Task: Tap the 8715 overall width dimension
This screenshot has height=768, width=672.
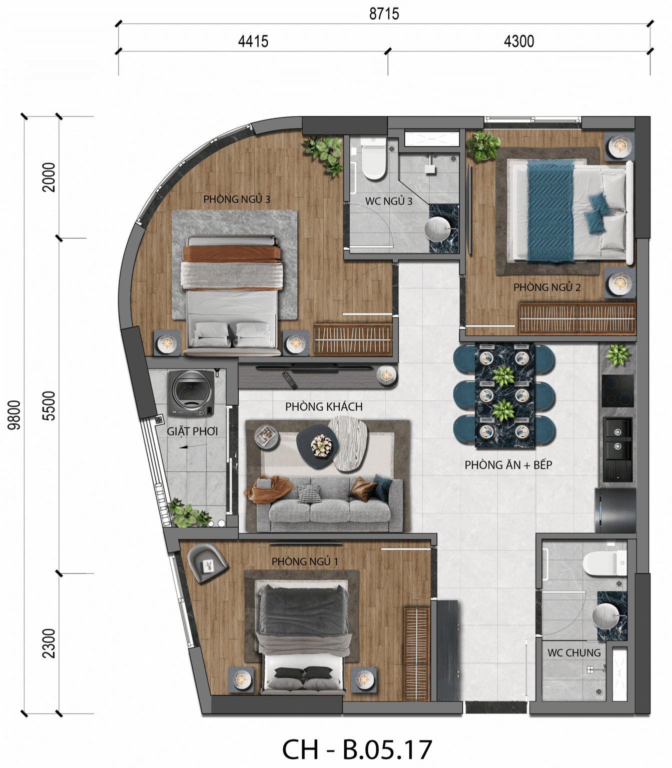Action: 384,13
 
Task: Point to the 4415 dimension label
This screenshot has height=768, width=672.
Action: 253,41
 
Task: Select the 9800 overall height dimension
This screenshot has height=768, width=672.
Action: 14,415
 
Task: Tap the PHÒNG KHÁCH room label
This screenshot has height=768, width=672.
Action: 324,406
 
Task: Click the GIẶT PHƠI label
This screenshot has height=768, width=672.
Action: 192,431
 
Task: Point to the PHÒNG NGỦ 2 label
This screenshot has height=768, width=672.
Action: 547,287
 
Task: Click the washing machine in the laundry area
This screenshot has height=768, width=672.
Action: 192,393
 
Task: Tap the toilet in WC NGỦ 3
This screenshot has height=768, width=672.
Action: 373,158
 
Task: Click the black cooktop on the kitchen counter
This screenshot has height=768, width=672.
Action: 617,391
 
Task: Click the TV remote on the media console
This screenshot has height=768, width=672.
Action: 290,379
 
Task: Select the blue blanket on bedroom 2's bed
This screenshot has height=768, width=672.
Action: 550,210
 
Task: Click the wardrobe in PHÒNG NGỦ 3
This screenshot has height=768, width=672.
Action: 353,339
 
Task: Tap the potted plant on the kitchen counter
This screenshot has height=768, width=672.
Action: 617,354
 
